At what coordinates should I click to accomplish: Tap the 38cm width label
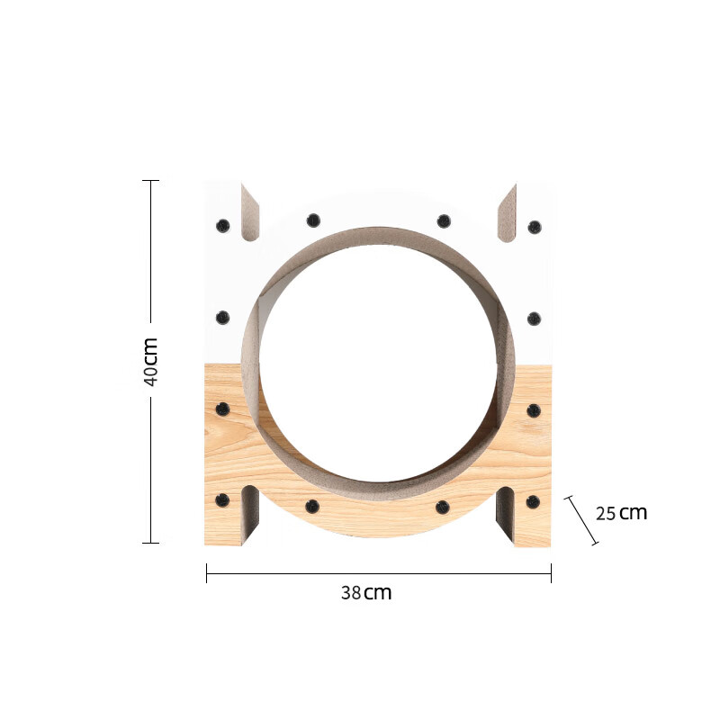pos(366,593)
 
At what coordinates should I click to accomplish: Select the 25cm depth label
pos(621,513)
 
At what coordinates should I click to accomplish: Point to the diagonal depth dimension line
pos(581,521)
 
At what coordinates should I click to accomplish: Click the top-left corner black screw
pos(222,226)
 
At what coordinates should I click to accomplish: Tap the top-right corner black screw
pos(535,227)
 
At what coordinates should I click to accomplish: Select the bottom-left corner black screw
pos(222,500)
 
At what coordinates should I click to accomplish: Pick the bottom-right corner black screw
pos(533,502)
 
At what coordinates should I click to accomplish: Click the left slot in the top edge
pos(250,212)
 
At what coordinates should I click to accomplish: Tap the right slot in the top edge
pos(507,212)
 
